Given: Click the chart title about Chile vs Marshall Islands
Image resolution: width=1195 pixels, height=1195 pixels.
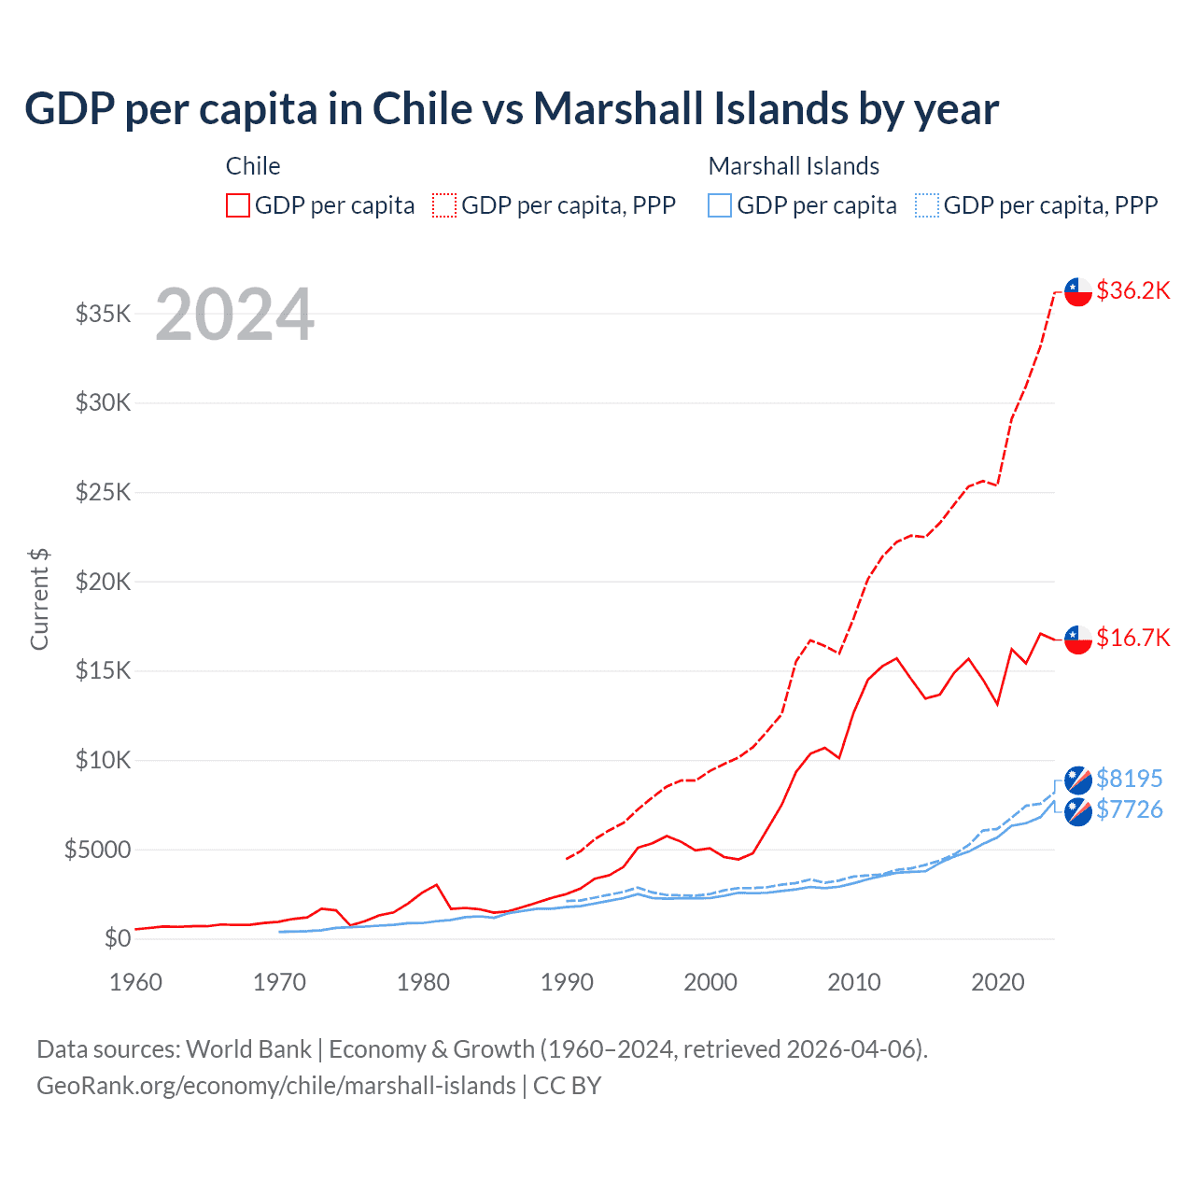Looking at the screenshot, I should pos(512,109).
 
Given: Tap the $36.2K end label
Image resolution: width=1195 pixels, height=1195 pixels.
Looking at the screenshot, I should pos(1132,290).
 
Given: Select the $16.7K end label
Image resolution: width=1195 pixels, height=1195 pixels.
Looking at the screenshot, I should pos(1132,638).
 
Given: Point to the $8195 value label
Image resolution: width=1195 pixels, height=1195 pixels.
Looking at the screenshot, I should pos(1130,779).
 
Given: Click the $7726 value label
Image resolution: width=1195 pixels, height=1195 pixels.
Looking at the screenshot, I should pos(1130,809).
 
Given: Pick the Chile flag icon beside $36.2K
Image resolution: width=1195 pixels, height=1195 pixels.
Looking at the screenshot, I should pos(1078,291).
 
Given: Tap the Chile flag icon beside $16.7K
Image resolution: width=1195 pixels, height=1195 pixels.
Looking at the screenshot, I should pos(1078,639).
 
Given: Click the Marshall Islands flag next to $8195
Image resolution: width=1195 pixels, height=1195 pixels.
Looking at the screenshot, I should pos(1078,780).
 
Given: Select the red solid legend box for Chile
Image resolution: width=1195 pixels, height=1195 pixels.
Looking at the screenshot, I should pos(238,205).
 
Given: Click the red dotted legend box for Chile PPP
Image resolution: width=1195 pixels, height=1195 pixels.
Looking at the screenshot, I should pos(444,205).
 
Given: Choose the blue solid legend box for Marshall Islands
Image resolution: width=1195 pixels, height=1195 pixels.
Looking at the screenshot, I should pos(720,205).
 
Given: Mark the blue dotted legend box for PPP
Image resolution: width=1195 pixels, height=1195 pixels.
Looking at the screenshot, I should pos(927,205).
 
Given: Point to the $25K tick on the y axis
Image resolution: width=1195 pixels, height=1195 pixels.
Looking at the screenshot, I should pos(104,492).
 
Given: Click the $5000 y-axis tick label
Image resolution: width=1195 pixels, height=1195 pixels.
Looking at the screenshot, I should pos(97,850).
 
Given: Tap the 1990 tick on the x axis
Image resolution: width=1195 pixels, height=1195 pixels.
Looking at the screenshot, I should pos(567,982).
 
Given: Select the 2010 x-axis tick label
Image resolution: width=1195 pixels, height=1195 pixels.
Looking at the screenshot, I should pos(854,982).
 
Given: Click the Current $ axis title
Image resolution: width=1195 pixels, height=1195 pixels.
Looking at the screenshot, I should pos(39,599).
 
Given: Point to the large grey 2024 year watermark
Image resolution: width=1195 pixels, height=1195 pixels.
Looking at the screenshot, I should pos(234,315).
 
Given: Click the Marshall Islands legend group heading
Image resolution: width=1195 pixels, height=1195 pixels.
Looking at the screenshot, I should pos(794,166).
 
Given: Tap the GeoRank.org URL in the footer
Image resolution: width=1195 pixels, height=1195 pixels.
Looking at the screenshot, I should pos(276,1086).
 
